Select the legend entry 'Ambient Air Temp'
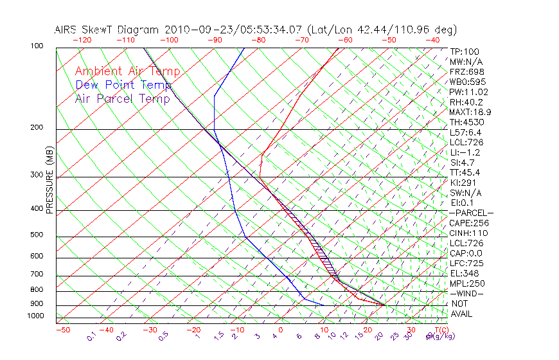coord(127,71)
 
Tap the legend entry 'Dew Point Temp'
coord(123,85)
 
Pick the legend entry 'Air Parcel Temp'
coord(123,98)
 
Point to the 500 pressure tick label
coord(36,235)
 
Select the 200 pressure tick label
coord(36,127)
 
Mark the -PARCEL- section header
coord(471,213)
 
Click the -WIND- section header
coord(466,293)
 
